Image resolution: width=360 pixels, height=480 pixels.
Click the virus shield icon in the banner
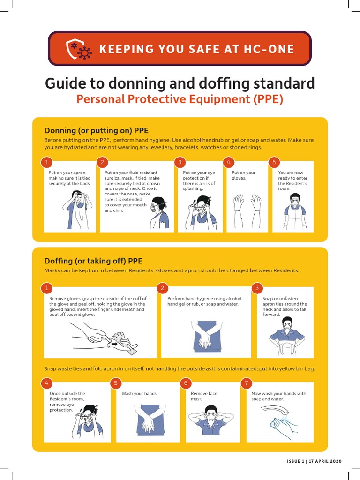point(78,49)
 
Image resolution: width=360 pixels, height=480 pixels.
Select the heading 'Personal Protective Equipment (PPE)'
point(180,99)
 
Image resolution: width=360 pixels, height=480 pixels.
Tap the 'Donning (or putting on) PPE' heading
point(96,130)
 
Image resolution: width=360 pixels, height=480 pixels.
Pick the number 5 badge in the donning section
point(274,162)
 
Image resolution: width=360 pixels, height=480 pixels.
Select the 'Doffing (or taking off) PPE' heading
point(93,261)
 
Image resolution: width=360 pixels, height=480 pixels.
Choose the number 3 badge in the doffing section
point(257,288)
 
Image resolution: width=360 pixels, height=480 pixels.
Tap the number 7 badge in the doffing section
point(247,383)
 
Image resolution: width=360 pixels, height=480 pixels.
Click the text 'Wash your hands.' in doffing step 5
point(140,394)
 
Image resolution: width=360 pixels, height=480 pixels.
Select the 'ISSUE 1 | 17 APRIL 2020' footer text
point(314,462)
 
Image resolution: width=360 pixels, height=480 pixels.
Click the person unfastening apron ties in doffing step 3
point(287,336)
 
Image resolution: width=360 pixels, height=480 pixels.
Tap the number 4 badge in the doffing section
point(46,383)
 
